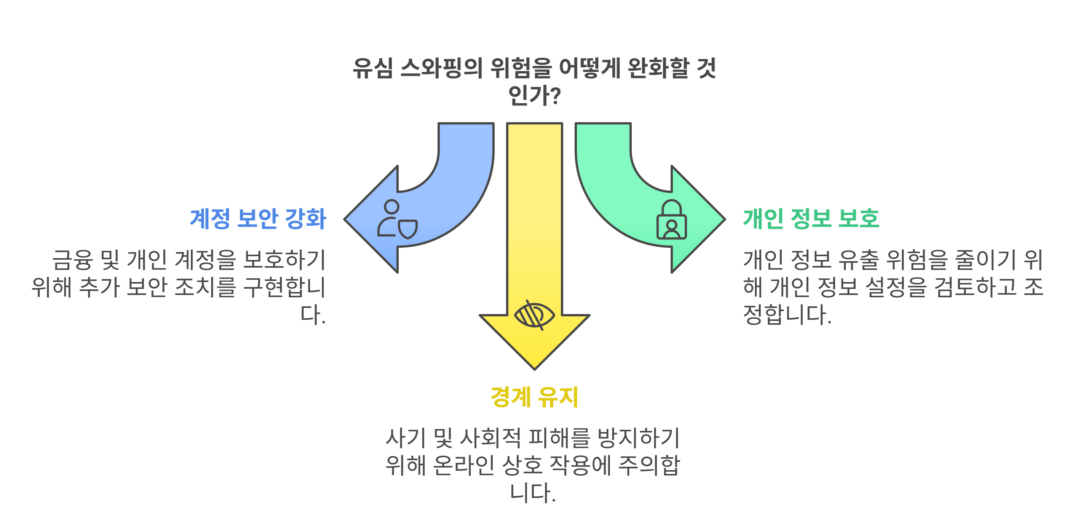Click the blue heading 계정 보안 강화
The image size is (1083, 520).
[x=258, y=219]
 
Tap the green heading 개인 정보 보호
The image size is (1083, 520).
[x=811, y=219]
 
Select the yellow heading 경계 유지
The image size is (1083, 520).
[x=534, y=397]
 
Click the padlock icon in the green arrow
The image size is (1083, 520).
[x=671, y=220]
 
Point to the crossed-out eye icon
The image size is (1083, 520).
[x=534, y=315]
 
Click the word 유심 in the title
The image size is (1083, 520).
[x=372, y=68]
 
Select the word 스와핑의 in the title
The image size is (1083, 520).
[x=441, y=68]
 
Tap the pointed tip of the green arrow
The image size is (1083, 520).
[x=724, y=219]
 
